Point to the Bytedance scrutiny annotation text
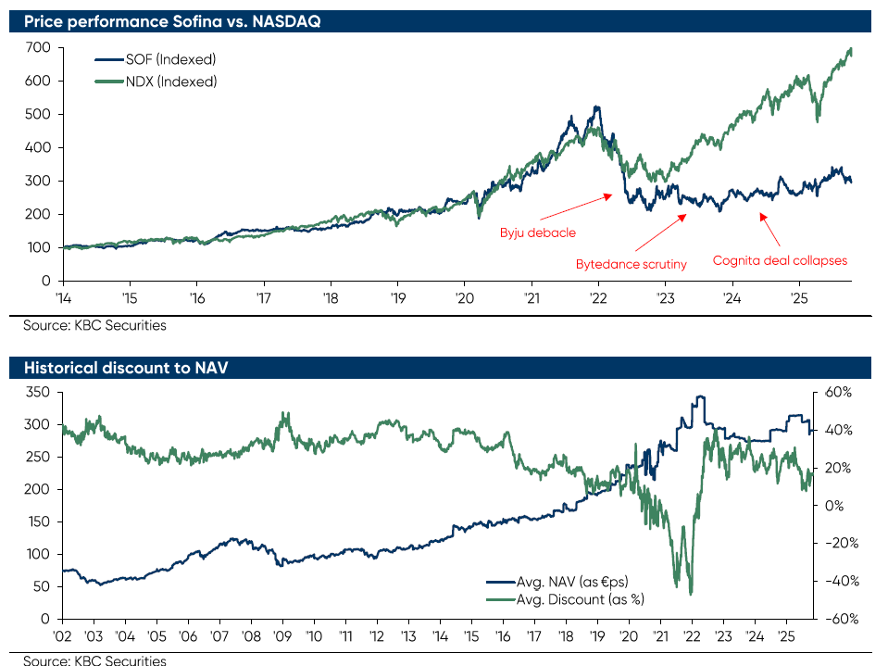tap(632, 265)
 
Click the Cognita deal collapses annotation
tap(780, 260)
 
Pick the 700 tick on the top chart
tap(37, 47)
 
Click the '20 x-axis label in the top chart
tap(464, 299)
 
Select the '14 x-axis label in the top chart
tap(62, 299)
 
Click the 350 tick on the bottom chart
tap(37, 393)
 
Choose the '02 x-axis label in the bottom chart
tap(62, 637)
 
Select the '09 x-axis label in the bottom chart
tap(282, 637)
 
